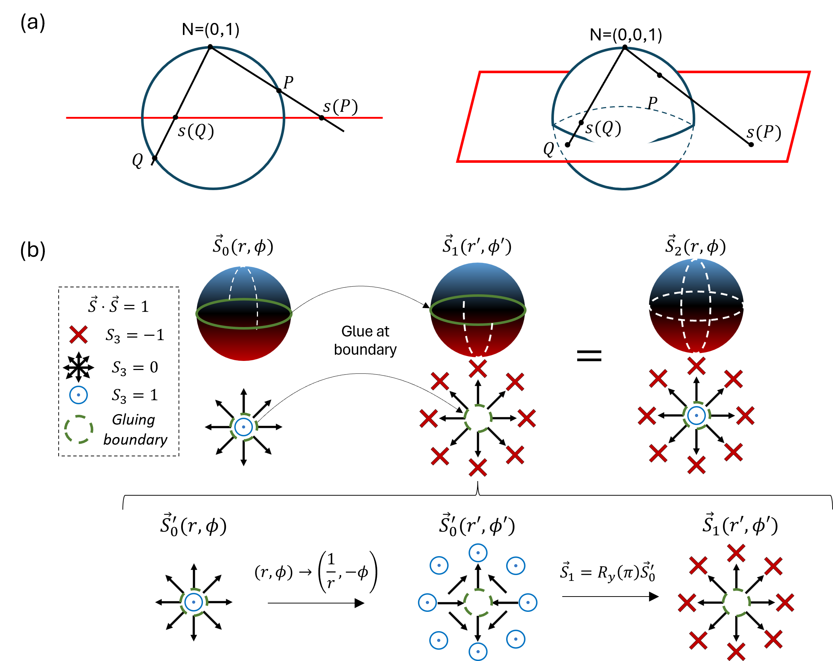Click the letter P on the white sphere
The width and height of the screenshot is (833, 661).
pos(652,103)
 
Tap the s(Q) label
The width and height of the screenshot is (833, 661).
pos(603,128)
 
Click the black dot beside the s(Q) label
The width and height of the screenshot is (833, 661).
pos(581,122)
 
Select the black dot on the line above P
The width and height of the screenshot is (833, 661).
pos(660,75)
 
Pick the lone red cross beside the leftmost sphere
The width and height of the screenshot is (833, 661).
pos(78,334)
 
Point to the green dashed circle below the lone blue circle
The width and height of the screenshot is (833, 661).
pos(79,429)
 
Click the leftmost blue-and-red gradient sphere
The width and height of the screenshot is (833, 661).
pos(244,314)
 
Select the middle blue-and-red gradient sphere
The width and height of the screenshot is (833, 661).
pos(478,310)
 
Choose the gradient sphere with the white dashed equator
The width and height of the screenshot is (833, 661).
pos(696,306)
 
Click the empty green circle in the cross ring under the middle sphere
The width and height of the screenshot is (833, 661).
pos(478,418)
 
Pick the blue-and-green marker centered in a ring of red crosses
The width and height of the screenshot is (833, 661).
pos(696,416)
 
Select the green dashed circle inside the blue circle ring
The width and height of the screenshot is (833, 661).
pos(478,603)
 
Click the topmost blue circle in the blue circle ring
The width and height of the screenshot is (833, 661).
pos(478,553)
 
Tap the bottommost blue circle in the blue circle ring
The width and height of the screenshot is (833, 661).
pos(478,652)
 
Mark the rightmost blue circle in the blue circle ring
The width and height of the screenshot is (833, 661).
pos(528,603)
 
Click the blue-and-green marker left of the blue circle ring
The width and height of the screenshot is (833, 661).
pos(193,602)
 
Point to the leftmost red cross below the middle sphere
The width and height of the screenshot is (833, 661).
pos(429,418)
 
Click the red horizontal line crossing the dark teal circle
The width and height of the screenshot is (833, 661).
pos(232,118)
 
